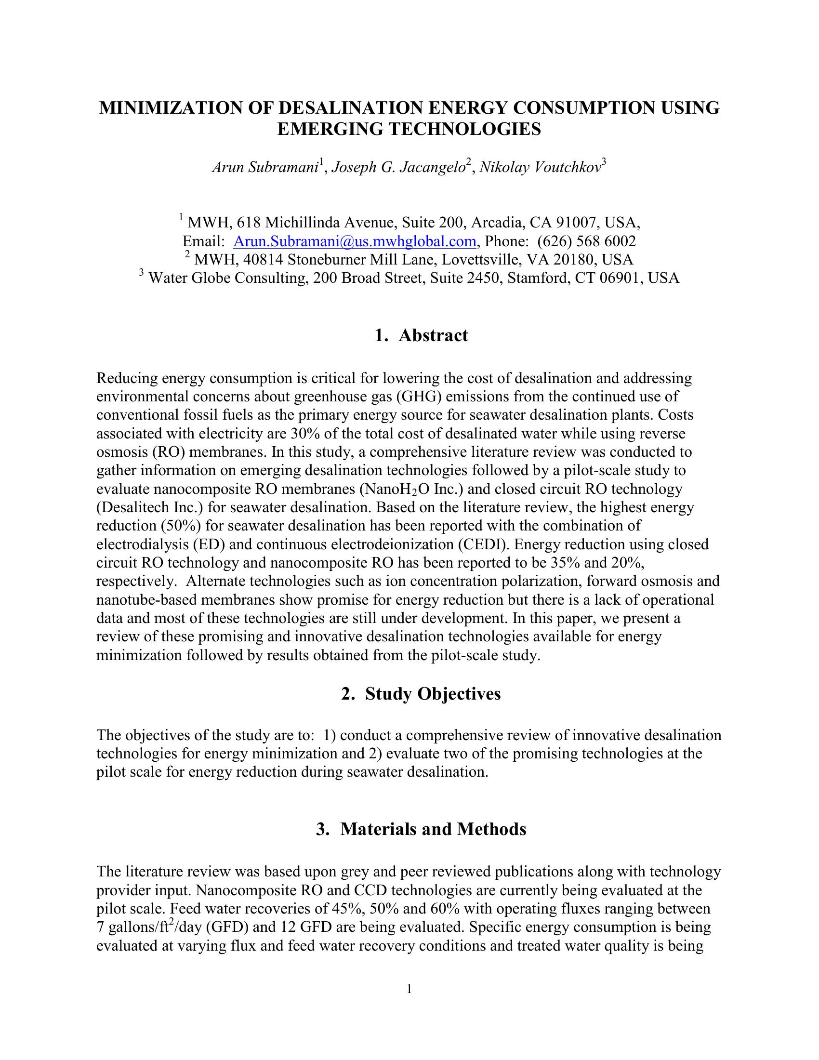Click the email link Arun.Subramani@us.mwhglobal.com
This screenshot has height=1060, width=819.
354,241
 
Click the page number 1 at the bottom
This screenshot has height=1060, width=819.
409,989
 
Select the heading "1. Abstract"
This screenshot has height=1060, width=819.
421,335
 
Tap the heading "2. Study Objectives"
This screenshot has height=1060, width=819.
421,694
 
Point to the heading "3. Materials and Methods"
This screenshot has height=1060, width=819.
421,829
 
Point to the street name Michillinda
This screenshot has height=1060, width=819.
303,223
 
